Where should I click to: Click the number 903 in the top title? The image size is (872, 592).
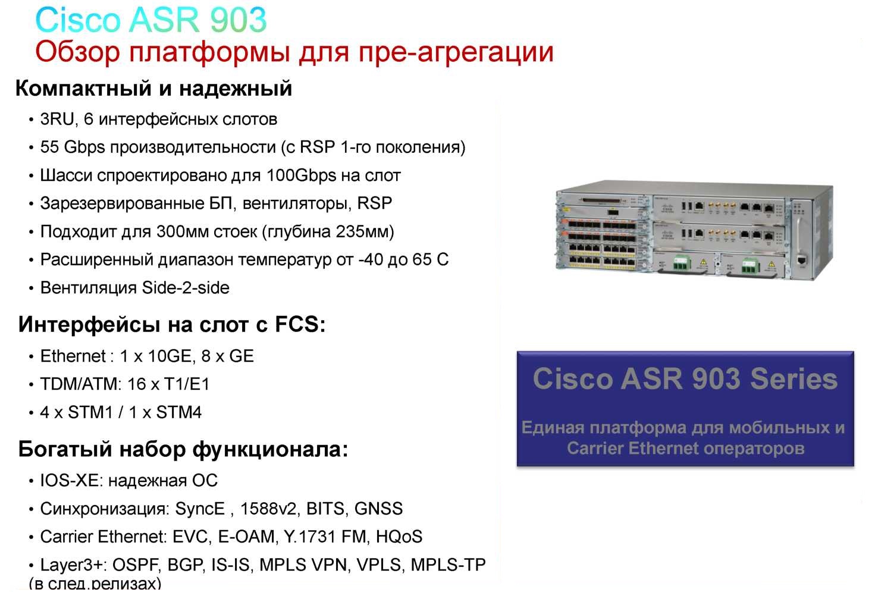[x=238, y=20]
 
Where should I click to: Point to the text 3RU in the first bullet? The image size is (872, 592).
[x=57, y=120]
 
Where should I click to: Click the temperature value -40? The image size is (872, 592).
[x=370, y=260]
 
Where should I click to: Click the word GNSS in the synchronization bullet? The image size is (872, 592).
[x=378, y=509]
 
